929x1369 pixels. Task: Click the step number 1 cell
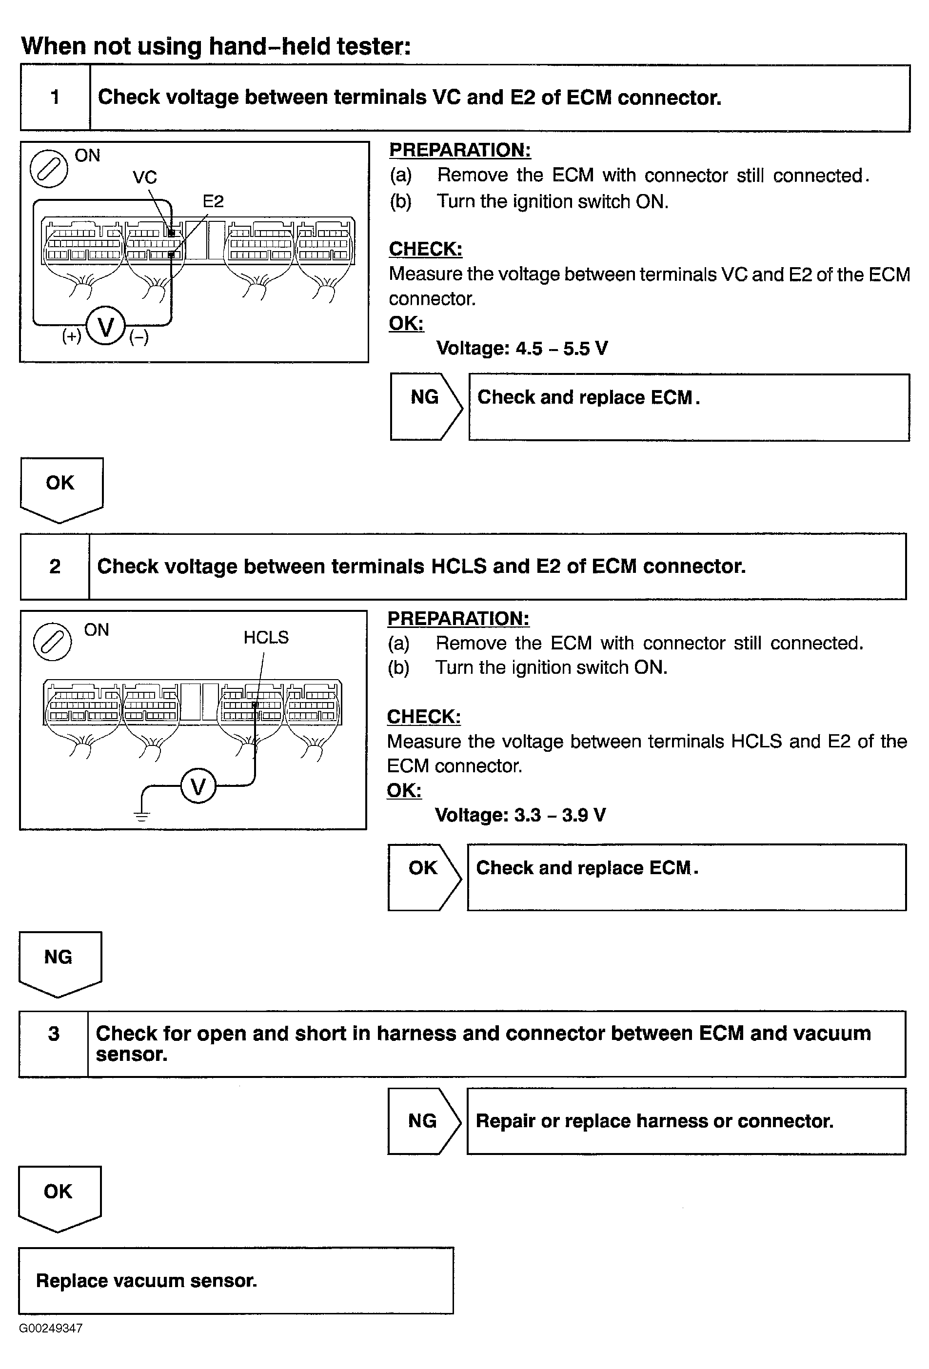(x=55, y=97)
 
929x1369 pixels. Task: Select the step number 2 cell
(x=54, y=566)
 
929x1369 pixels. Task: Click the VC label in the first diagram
(x=144, y=177)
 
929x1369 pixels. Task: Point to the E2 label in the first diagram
(x=213, y=201)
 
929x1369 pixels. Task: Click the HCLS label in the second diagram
(x=266, y=637)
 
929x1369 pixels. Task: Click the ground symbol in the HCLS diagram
(x=142, y=815)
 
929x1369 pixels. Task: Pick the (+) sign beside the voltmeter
(x=72, y=336)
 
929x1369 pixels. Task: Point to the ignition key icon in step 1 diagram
(x=49, y=169)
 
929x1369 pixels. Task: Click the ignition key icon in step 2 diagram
(x=53, y=642)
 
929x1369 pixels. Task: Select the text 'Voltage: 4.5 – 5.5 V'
(x=522, y=348)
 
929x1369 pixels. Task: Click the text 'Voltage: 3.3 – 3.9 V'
(x=520, y=815)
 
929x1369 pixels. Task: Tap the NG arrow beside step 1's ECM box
(x=425, y=406)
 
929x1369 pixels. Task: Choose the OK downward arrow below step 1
(x=61, y=488)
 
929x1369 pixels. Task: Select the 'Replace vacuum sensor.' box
(x=236, y=1281)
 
